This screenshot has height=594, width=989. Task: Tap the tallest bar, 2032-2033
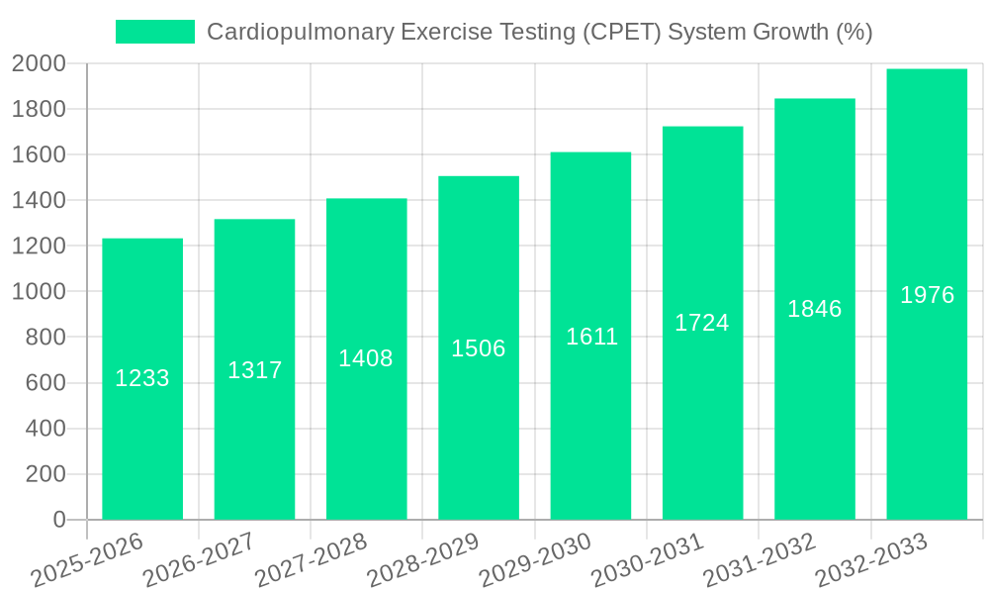927,396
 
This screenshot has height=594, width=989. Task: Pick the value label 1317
255,370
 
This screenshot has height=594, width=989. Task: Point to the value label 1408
366,358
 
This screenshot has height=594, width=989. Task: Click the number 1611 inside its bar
591,337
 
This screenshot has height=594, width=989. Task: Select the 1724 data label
702,323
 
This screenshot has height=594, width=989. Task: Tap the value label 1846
815,309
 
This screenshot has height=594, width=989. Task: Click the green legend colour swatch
155,32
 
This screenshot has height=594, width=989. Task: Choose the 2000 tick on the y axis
39,63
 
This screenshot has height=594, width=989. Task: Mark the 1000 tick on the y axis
39,292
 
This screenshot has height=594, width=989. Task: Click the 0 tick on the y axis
58,520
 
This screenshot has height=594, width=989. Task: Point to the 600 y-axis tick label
45,383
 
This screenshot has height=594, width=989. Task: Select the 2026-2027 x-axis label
199,560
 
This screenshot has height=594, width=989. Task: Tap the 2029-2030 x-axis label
535,560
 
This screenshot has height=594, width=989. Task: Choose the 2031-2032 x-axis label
760,560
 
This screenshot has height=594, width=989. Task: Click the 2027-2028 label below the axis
311,560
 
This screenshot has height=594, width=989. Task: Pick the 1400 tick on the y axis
39,200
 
